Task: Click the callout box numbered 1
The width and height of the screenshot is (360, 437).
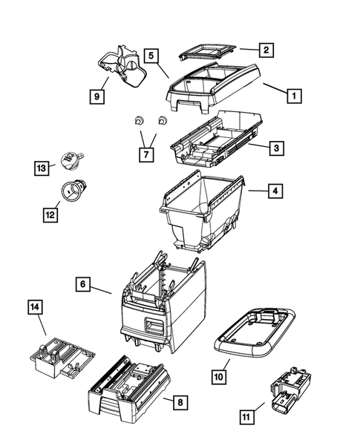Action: (x=294, y=96)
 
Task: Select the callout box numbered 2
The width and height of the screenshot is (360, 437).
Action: (x=265, y=50)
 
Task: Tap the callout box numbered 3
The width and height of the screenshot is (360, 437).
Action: (x=275, y=148)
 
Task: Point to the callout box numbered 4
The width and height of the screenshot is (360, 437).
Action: (x=275, y=191)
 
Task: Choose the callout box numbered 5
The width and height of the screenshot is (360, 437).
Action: (x=151, y=55)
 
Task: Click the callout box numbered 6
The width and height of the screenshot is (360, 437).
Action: (x=84, y=284)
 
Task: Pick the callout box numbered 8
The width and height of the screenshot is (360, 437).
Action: (x=178, y=402)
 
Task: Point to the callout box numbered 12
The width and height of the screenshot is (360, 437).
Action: (x=50, y=214)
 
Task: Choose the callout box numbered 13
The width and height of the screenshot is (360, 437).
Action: (x=42, y=168)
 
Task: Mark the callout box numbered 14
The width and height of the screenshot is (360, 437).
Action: (x=35, y=307)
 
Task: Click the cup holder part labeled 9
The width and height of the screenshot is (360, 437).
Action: (x=120, y=63)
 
